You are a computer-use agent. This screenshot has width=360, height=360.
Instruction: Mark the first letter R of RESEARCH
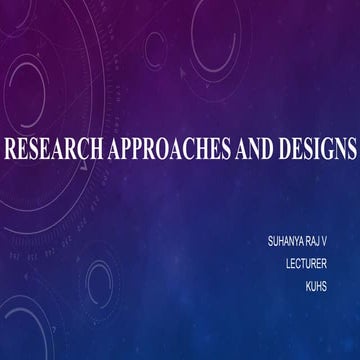click(x=10, y=151)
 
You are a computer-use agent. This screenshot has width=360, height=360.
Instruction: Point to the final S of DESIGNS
click(x=350, y=151)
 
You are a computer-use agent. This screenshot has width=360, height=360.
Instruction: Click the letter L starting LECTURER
click(x=287, y=264)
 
